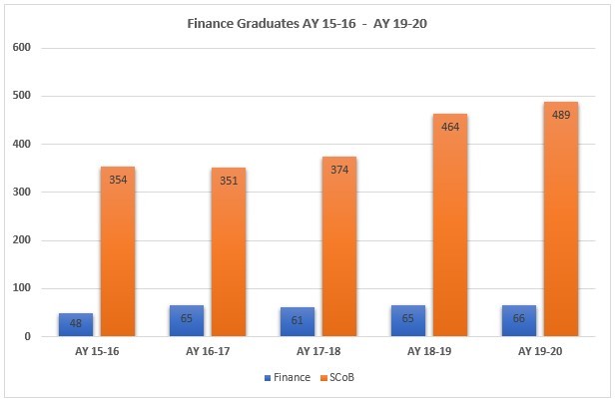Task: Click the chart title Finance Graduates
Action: click(x=308, y=22)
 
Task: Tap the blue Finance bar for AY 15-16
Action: click(x=76, y=325)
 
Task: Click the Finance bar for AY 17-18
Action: click(x=298, y=322)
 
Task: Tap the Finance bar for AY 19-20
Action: click(x=519, y=321)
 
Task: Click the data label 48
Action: click(x=76, y=324)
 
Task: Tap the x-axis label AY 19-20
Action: click(x=540, y=351)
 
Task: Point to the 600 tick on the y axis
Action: click(x=22, y=48)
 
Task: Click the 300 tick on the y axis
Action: click(x=22, y=193)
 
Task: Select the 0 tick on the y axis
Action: click(x=28, y=337)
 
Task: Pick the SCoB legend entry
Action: click(x=336, y=378)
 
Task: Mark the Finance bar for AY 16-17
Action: click(x=187, y=321)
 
